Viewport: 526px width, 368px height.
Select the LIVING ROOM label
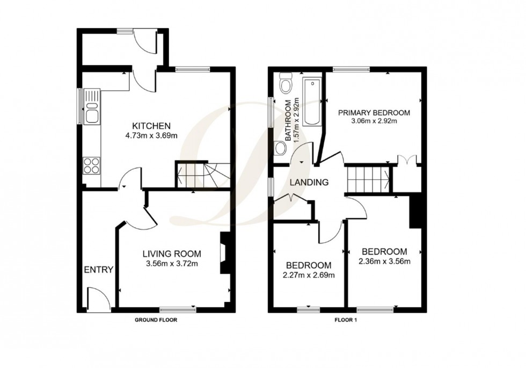click(172, 254)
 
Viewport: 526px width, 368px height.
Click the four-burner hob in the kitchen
click(92, 165)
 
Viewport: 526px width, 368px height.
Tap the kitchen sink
click(92, 106)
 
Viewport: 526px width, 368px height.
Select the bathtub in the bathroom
click(312, 102)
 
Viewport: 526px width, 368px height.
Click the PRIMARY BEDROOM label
click(374, 112)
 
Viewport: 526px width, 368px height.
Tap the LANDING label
click(309, 182)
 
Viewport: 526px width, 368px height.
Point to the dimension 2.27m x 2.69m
click(309, 275)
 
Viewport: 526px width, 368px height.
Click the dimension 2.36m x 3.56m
click(384, 261)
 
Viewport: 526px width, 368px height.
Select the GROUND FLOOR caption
click(156, 320)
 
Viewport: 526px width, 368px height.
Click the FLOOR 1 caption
click(346, 320)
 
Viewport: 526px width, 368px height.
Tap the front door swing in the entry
click(99, 299)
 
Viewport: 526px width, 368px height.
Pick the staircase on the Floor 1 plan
click(368, 180)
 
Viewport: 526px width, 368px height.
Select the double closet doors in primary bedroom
click(407, 160)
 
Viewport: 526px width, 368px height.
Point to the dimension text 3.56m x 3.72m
click(172, 264)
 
